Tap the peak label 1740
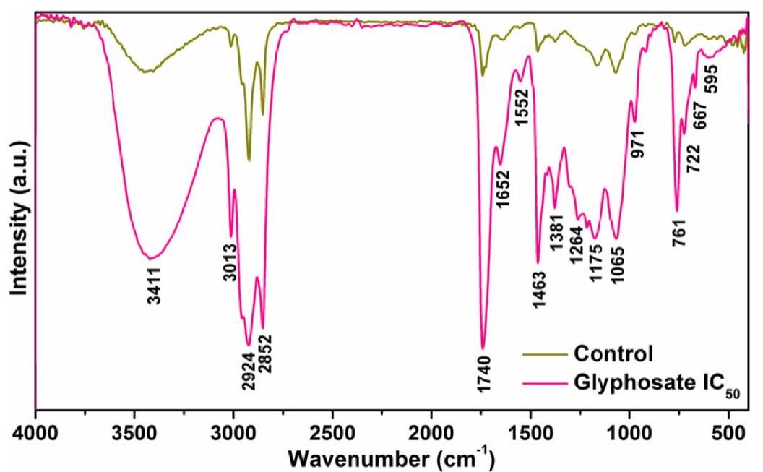484,374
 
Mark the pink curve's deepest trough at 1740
483,348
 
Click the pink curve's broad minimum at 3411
150,257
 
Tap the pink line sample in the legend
544,380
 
